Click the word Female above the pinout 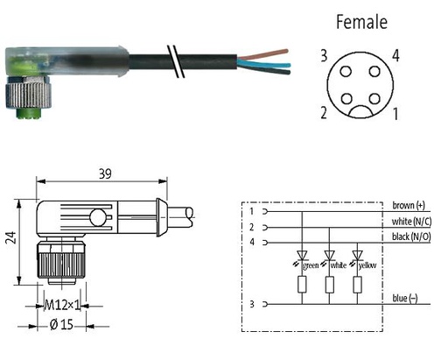click(x=361, y=22)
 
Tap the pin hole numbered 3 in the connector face click(x=346, y=71)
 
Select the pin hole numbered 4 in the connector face click(x=374, y=71)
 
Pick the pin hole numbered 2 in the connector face click(x=346, y=99)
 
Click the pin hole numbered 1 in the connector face click(x=374, y=99)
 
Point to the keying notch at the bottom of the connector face click(x=360, y=112)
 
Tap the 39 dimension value click(x=105, y=174)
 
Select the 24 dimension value click(x=10, y=237)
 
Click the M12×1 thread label click(x=62, y=306)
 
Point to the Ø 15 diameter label click(x=61, y=324)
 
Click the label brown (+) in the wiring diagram click(x=409, y=206)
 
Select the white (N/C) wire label click(x=411, y=222)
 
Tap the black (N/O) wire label click(x=411, y=236)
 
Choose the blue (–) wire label click(x=405, y=298)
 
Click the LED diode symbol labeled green click(x=302, y=256)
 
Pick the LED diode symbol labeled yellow click(x=358, y=256)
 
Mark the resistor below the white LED click(x=330, y=285)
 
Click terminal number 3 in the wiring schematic click(x=252, y=304)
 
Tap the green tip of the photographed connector click(x=28, y=113)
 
